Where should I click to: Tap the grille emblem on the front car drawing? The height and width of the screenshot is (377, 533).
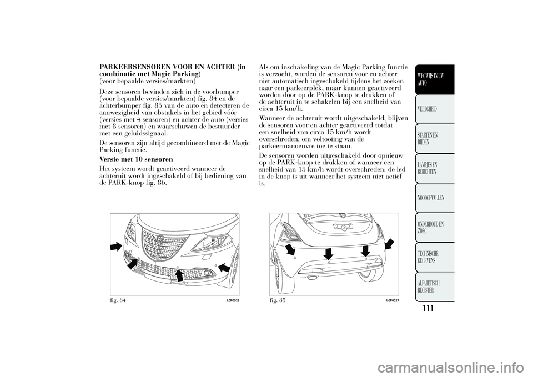click(160, 238)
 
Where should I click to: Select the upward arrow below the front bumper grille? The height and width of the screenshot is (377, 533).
click(179, 275)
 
